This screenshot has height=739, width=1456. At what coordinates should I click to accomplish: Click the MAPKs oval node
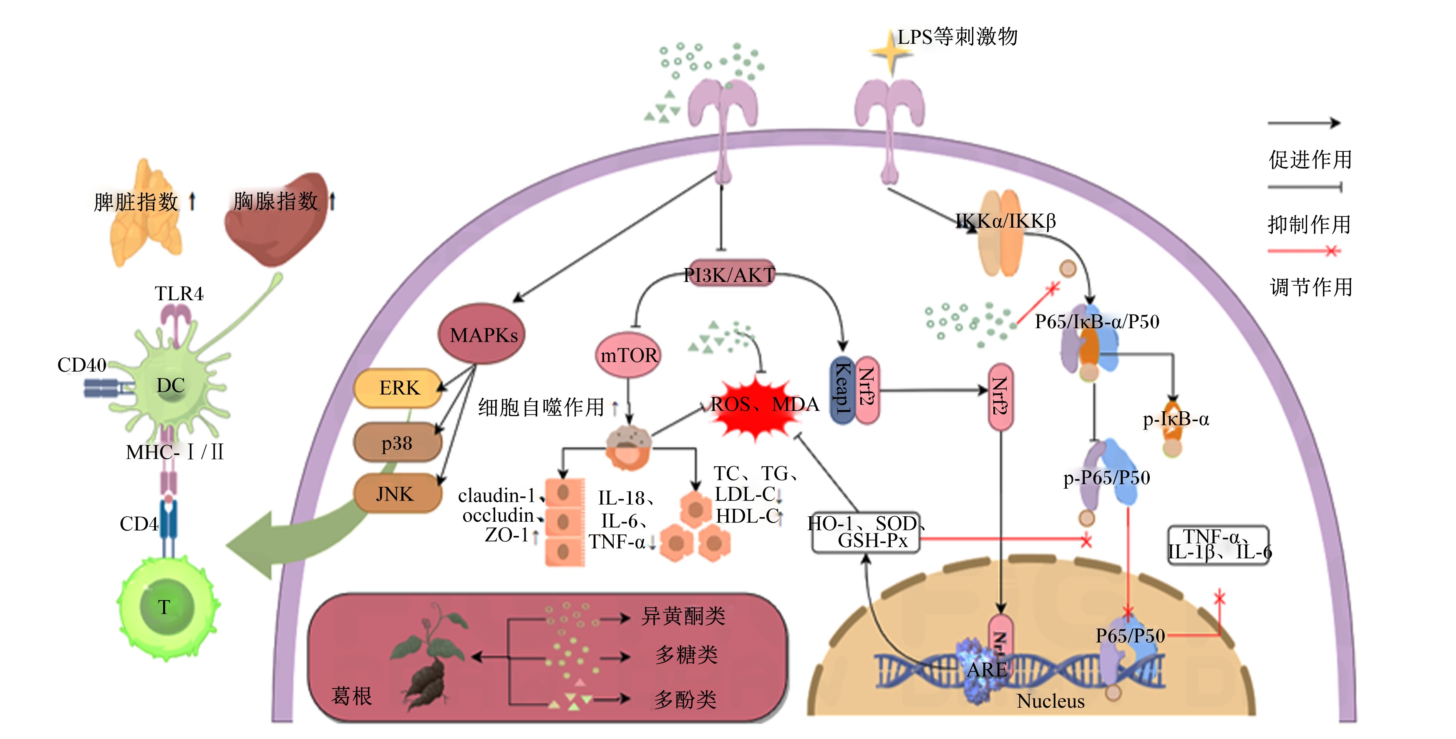(481, 334)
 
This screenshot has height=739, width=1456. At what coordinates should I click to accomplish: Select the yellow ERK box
(398, 388)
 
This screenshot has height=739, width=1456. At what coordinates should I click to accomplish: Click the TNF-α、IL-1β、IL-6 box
(1219, 545)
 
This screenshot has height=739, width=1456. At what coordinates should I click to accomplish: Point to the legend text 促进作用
(1310, 160)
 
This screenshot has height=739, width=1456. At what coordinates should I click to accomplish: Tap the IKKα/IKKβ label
(1005, 221)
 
